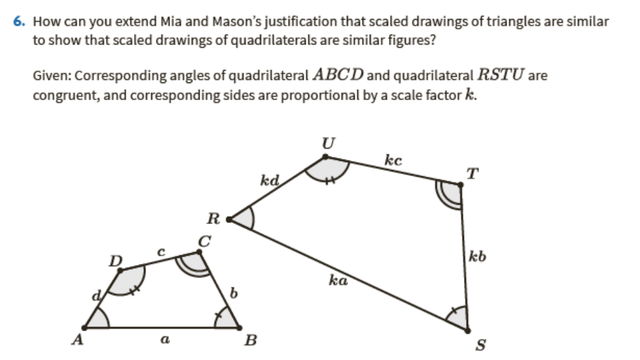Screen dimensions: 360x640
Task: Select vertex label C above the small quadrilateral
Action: tap(205, 242)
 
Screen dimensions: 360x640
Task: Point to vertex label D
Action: tap(115, 260)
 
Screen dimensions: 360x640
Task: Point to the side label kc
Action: tap(393, 160)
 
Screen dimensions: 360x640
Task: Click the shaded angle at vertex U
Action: tap(325, 169)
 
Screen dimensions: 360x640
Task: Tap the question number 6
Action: tap(18, 22)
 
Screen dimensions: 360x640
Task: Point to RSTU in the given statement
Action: tap(500, 74)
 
